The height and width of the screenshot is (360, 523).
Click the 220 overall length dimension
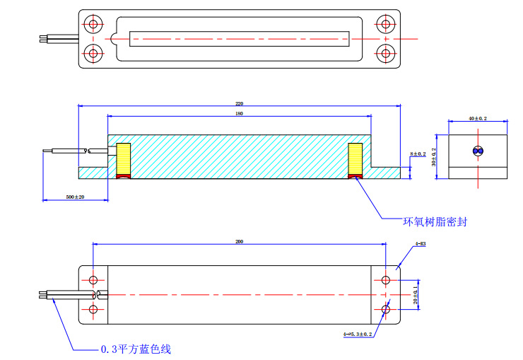click(239, 103)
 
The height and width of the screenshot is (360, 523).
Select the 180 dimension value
click(239, 113)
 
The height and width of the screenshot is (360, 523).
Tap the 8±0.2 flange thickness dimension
click(418, 153)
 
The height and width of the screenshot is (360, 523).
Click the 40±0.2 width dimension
click(478, 118)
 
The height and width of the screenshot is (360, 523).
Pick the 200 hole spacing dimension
click(239, 242)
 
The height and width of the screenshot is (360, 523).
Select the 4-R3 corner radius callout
click(420, 244)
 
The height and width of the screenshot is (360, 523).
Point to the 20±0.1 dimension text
click(416, 294)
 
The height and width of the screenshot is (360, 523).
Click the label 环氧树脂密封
click(435, 222)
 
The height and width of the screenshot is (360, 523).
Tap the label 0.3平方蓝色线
click(135, 349)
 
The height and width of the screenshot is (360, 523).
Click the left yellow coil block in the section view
click(124, 159)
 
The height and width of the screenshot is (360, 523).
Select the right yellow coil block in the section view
click(355, 159)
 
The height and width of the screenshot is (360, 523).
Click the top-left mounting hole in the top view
click(93, 24)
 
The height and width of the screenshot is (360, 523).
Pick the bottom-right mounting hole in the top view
click(385, 52)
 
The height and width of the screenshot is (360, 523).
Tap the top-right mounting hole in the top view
click(385, 24)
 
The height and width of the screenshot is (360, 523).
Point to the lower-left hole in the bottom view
click(93, 310)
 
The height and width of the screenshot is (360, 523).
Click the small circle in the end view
click(478, 151)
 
